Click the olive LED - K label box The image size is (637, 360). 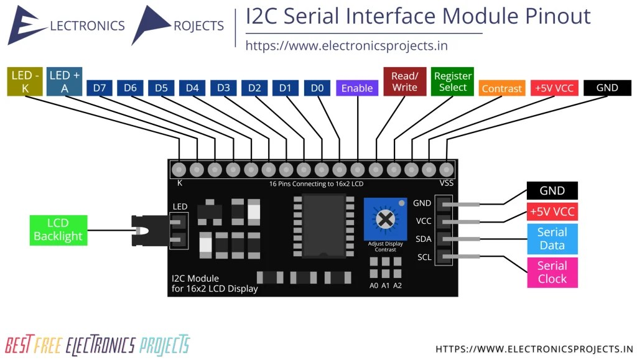[24, 82]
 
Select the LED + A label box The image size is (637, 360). [65, 82]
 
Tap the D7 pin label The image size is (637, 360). [100, 88]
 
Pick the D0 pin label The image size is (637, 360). [317, 88]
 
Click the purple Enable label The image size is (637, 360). [357, 88]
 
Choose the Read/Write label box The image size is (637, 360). [404, 82]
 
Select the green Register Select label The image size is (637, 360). [452, 82]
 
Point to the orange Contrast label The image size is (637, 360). [501, 88]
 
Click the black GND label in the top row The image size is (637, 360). [607, 88]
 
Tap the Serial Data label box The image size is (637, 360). [552, 239]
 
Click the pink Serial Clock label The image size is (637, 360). [552, 272]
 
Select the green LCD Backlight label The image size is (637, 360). [58, 229]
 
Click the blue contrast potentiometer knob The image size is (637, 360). [385, 219]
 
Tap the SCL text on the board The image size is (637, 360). [424, 257]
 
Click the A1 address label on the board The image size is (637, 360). [386, 285]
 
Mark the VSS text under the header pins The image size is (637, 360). [446, 183]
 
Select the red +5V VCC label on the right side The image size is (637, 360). [552, 211]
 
